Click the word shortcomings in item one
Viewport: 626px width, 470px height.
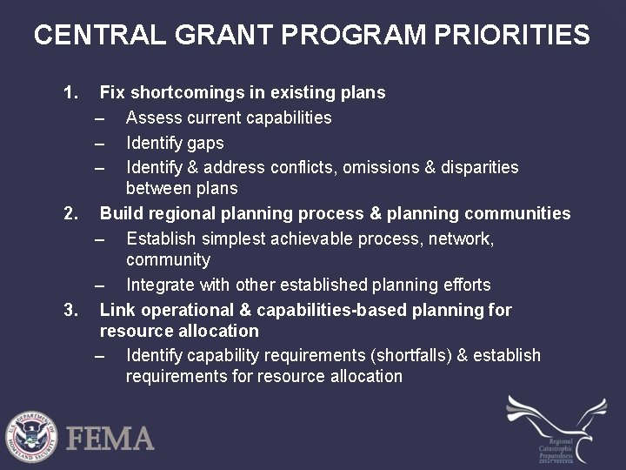click(x=184, y=92)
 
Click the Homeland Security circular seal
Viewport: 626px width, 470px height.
click(x=30, y=436)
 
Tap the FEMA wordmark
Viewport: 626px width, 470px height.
click(x=110, y=438)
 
